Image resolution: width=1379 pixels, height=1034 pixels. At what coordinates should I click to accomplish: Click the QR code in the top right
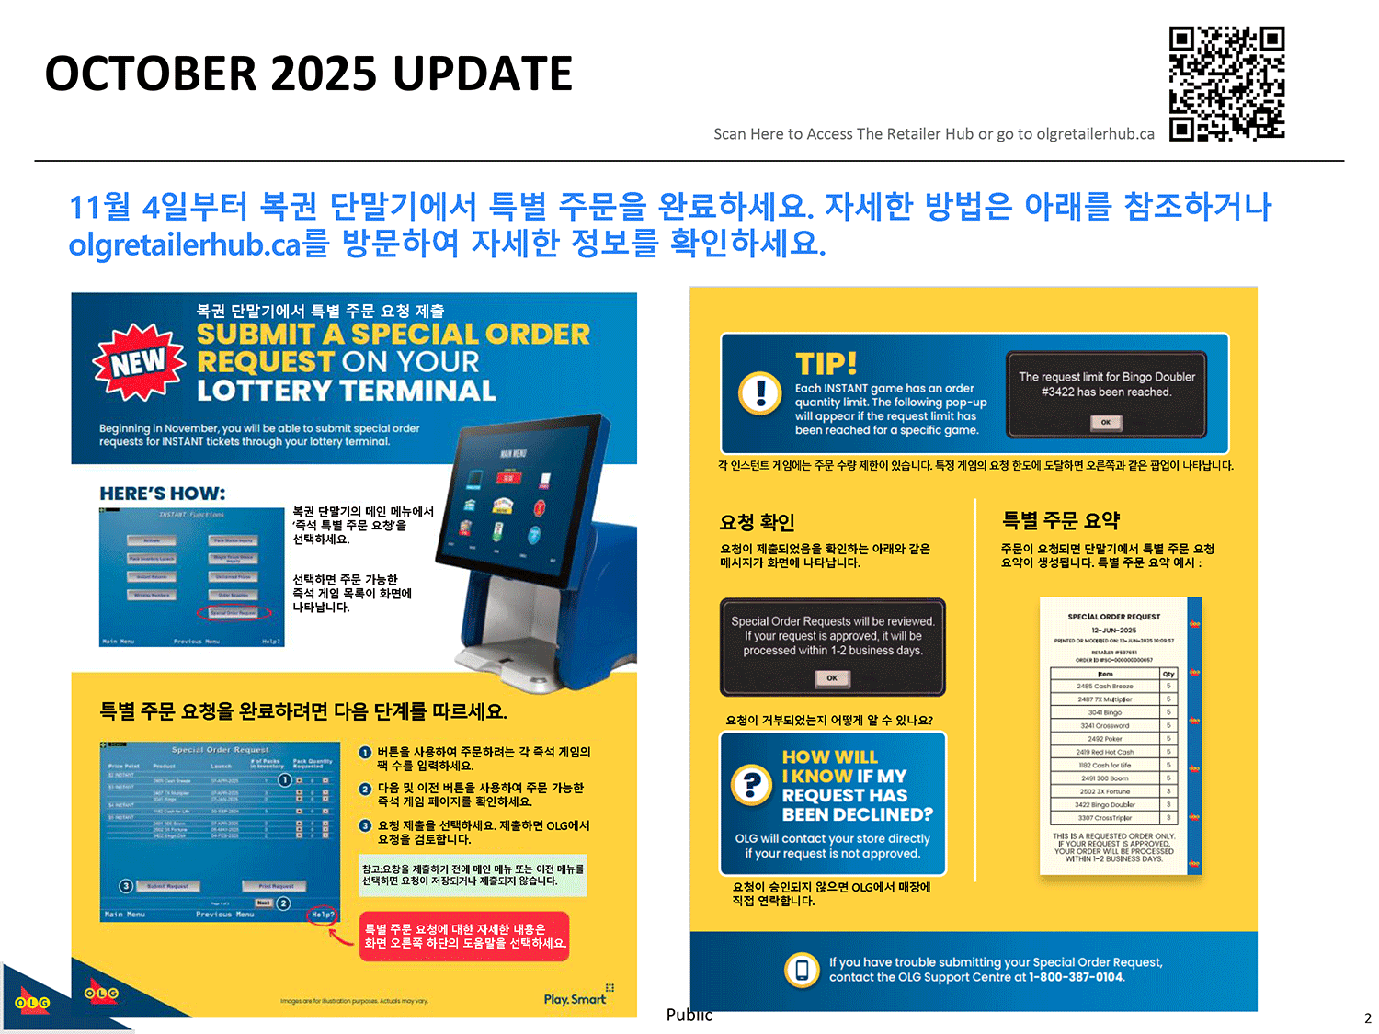click(x=1226, y=84)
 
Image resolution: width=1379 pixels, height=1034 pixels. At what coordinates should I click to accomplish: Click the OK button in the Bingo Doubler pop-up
click(x=1105, y=423)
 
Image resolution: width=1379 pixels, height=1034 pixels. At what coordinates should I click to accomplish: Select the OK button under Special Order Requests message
click(x=831, y=678)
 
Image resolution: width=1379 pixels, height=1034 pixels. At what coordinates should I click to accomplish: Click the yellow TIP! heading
click(x=826, y=363)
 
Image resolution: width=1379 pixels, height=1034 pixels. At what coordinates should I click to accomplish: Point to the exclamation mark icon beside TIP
click(x=760, y=392)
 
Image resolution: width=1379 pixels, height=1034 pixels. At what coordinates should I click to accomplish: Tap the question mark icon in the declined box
click(x=752, y=784)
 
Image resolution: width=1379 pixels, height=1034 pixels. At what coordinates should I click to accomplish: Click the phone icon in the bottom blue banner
click(x=802, y=970)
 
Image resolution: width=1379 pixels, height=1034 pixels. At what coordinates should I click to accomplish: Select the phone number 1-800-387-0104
click(x=1076, y=977)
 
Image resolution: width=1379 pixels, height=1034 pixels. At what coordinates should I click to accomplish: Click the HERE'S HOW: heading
click(x=162, y=494)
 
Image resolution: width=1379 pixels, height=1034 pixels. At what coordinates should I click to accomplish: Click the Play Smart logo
click(x=576, y=998)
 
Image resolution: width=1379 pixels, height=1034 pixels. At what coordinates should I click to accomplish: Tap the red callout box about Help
click(x=464, y=936)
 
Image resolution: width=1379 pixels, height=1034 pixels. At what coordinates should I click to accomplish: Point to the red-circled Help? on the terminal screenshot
click(x=323, y=915)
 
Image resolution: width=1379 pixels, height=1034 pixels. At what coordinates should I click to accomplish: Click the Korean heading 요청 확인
click(x=757, y=522)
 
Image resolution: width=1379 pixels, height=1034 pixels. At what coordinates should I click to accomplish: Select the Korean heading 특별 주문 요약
click(x=1060, y=520)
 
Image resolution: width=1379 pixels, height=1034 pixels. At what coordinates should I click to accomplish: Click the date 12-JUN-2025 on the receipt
click(x=1113, y=631)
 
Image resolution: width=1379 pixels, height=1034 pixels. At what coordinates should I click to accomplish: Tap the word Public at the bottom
click(x=689, y=1015)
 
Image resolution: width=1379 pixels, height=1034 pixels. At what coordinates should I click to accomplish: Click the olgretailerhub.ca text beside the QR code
click(x=1095, y=134)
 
